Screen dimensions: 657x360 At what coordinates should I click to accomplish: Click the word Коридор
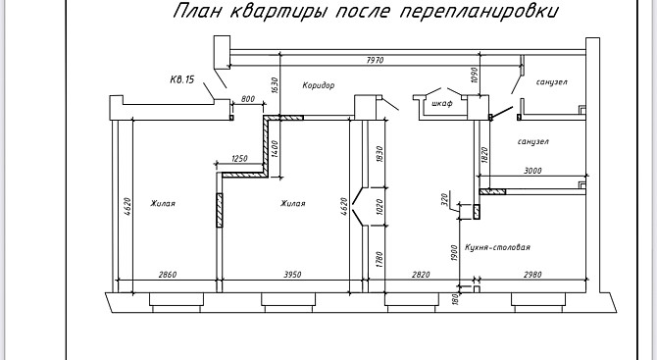tap(319, 85)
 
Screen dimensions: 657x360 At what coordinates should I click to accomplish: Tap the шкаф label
tap(442, 103)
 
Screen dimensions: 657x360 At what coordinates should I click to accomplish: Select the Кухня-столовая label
tap(497, 247)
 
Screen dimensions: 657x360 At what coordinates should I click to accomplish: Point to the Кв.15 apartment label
tap(182, 79)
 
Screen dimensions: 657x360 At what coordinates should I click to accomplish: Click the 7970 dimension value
tap(375, 61)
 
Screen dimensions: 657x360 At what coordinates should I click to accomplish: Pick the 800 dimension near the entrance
tap(248, 99)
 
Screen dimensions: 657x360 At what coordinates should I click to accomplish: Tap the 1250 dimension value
tap(239, 158)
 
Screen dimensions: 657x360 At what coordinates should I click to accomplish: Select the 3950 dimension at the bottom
tap(292, 275)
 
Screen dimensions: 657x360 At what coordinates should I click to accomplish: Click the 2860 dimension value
tap(168, 275)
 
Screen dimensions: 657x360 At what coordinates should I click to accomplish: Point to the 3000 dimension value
tap(532, 171)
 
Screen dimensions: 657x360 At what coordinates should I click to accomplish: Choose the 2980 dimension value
tap(532, 275)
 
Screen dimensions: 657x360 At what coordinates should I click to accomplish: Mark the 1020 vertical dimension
tap(380, 207)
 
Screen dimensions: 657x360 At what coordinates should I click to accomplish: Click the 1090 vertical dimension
tap(475, 75)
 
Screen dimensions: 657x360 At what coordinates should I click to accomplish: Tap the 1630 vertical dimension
tap(275, 85)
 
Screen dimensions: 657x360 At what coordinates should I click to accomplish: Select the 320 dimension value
tap(445, 199)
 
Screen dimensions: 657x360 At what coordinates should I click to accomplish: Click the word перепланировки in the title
tap(479, 11)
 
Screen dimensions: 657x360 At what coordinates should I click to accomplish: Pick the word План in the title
tap(197, 11)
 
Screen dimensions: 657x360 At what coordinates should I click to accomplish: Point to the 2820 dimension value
tap(421, 275)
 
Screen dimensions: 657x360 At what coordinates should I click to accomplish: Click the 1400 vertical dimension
tap(275, 148)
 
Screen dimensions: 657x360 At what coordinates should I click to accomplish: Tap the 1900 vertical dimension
tap(455, 253)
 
